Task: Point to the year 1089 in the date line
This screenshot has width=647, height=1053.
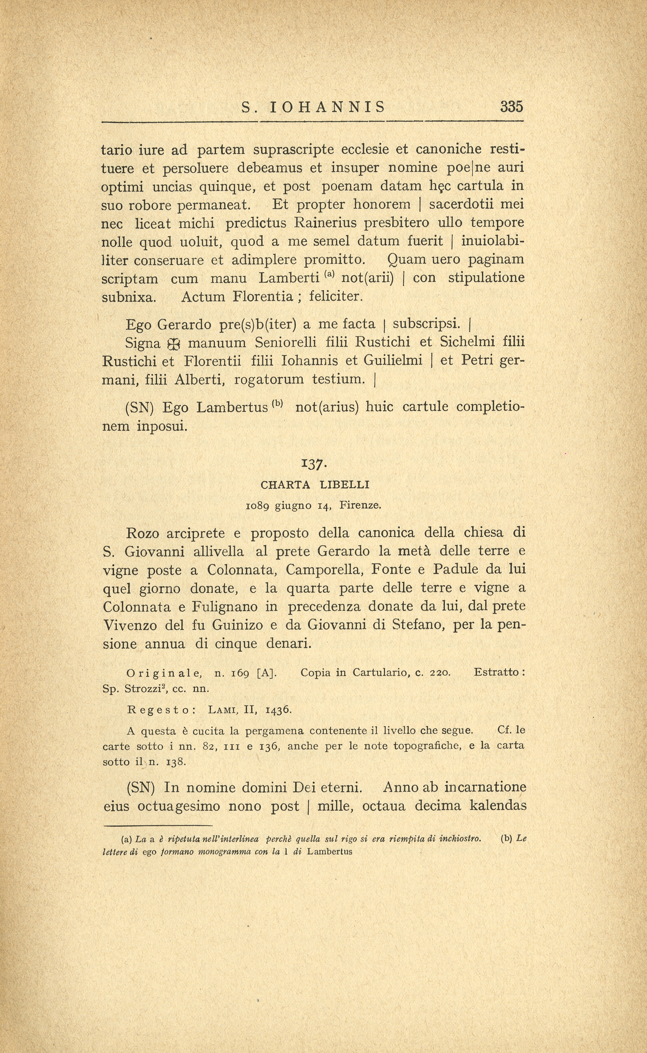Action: (x=258, y=506)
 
